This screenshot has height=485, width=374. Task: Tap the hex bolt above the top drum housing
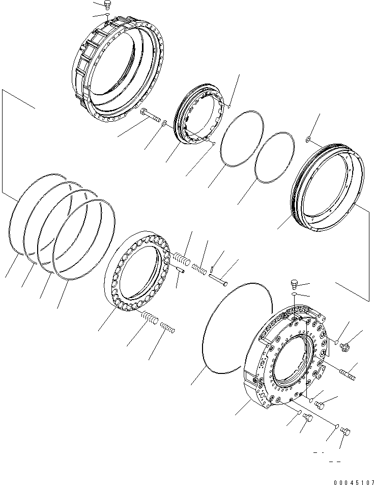click(x=107, y=6)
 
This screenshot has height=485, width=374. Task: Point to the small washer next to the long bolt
click(x=164, y=123)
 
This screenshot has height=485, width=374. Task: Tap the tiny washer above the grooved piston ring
click(x=309, y=140)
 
